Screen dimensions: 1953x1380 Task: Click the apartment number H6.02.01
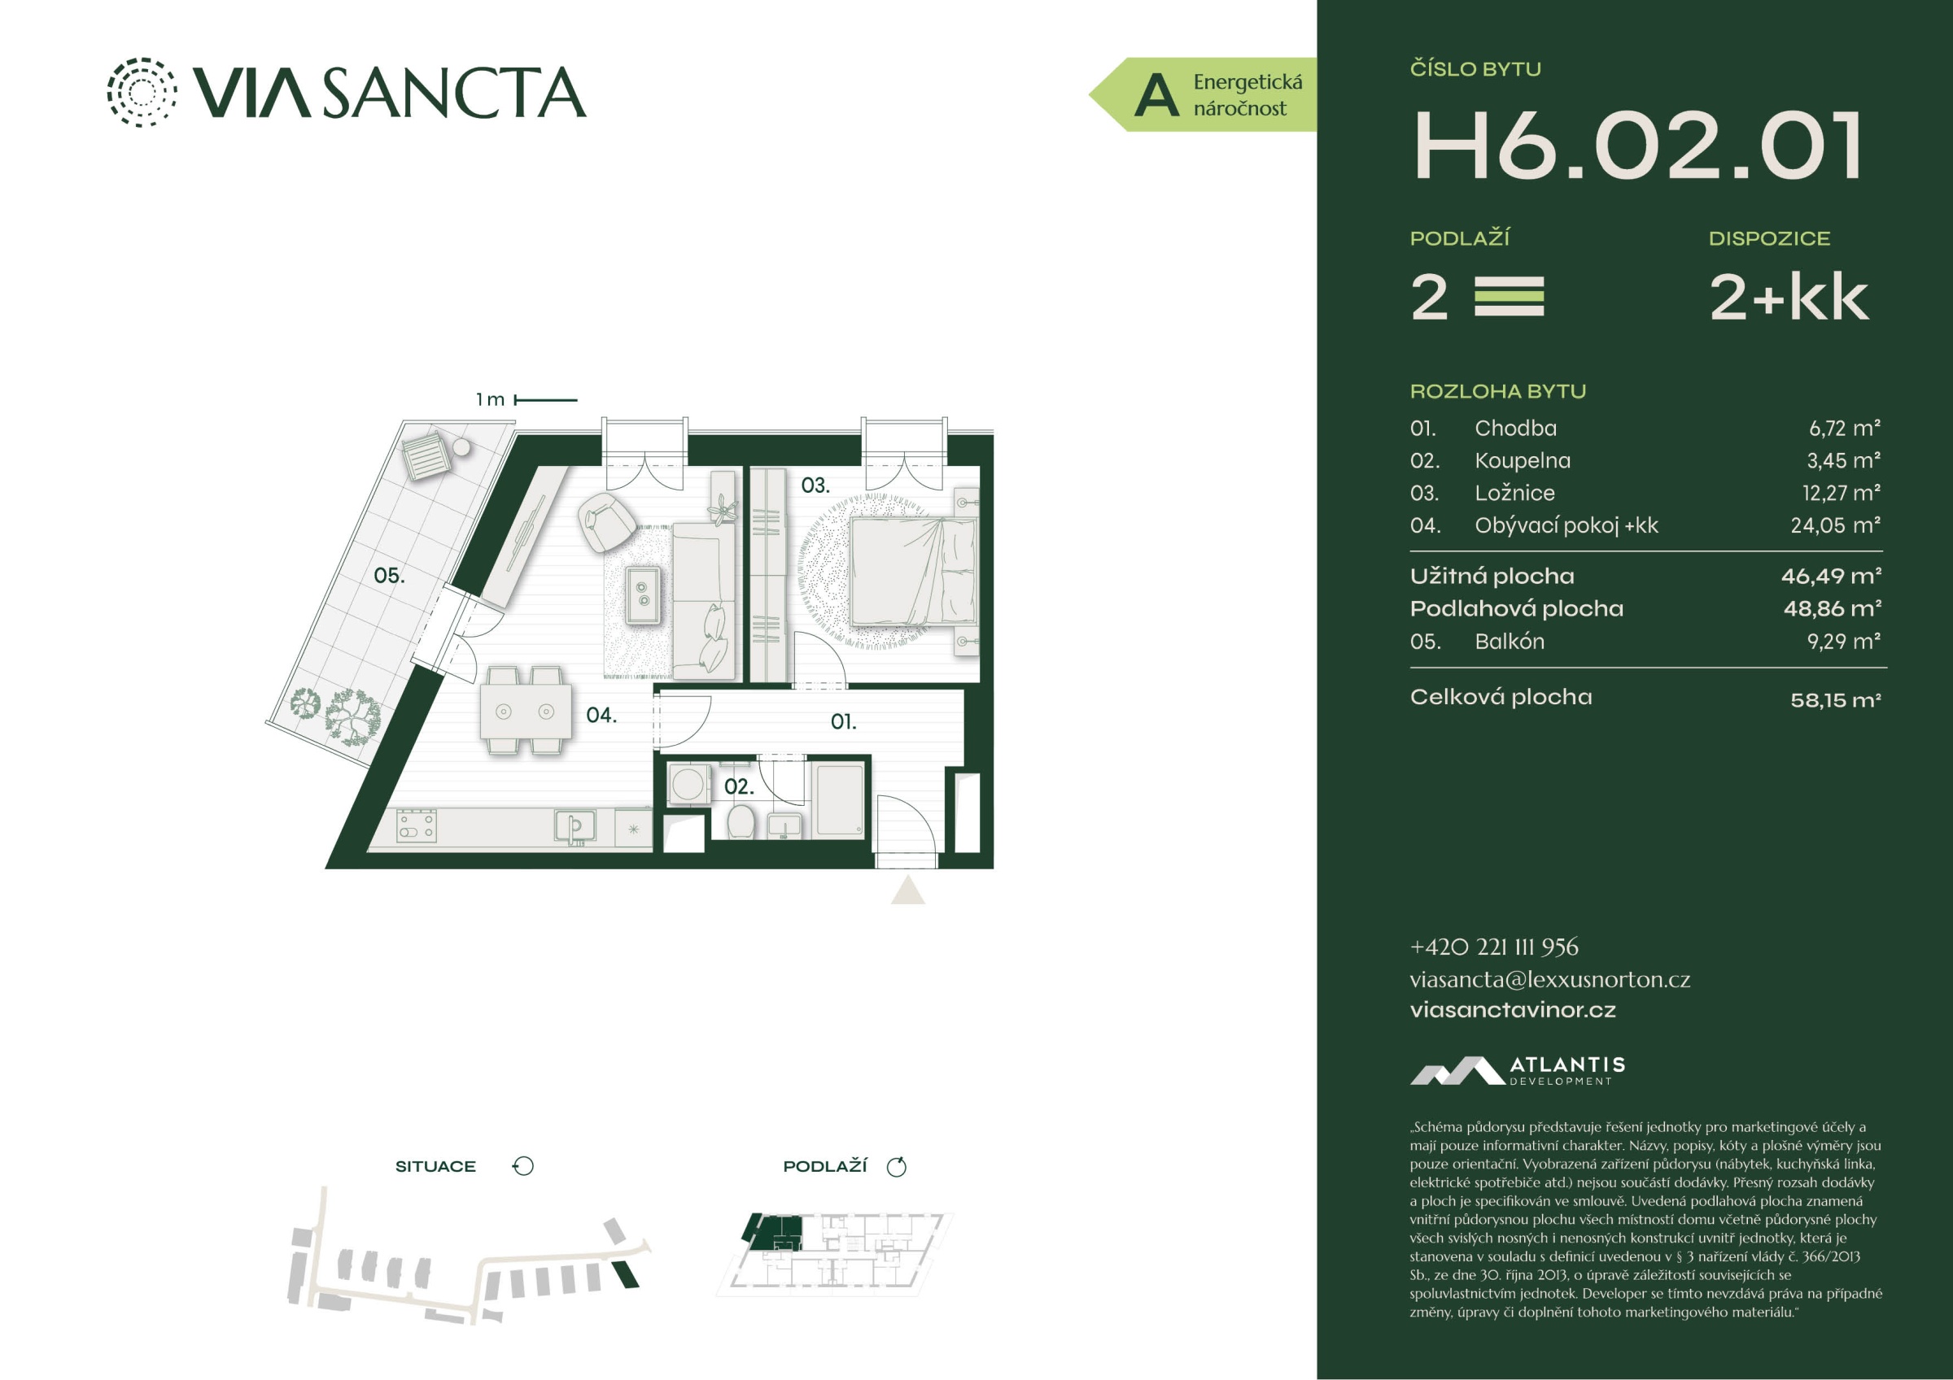pyautogui.click(x=1638, y=146)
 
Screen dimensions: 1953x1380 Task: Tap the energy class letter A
pyautogui.click(x=1157, y=95)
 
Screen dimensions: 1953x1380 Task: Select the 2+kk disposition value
pyautogui.click(x=1789, y=298)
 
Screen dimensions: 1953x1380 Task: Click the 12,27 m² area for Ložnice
pyautogui.click(x=1841, y=493)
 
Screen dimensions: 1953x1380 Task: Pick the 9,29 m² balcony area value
pyautogui.click(x=1843, y=642)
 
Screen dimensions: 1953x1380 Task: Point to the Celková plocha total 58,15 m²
pyautogui.click(x=1836, y=701)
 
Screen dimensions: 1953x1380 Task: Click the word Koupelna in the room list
pyautogui.click(x=1523, y=461)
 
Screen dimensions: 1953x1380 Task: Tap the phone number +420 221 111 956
pyautogui.click(x=1494, y=947)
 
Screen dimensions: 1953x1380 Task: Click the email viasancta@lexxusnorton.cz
pyautogui.click(x=1550, y=980)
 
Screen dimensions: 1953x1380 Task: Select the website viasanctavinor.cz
pyautogui.click(x=1513, y=1010)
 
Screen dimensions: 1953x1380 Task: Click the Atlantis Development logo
pyautogui.click(x=1518, y=1070)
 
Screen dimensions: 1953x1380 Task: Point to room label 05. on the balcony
pyautogui.click(x=390, y=576)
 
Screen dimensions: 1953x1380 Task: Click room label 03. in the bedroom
pyautogui.click(x=815, y=485)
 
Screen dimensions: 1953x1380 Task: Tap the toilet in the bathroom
pyautogui.click(x=741, y=821)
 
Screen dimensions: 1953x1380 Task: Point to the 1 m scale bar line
pyautogui.click(x=546, y=399)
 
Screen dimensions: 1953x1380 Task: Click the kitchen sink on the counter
pyautogui.click(x=575, y=825)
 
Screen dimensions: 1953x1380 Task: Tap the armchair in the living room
pyautogui.click(x=605, y=520)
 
